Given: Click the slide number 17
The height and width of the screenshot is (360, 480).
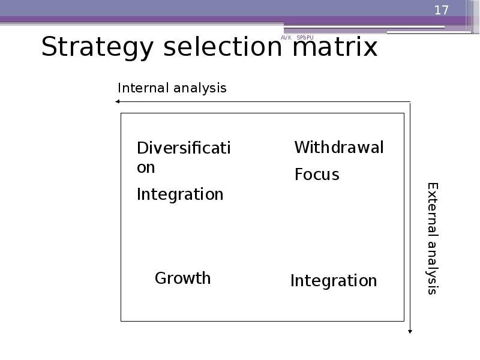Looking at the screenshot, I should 441,10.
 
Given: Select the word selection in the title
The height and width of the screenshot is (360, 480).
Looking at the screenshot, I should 218,47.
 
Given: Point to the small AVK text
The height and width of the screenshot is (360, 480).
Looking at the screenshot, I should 286,38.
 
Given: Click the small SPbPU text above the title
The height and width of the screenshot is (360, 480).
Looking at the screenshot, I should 305,38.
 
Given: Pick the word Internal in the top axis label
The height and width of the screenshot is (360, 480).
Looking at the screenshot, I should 143,88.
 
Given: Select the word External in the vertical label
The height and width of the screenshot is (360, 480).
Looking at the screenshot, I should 433,210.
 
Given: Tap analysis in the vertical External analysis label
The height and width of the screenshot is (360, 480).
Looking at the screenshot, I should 433,268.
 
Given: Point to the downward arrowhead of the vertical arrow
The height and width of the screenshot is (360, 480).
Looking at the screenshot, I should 410,330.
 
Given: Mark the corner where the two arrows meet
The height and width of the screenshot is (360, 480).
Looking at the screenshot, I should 410,102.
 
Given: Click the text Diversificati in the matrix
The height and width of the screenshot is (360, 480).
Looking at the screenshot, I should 184,148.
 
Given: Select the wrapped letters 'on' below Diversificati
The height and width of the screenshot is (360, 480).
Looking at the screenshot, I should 146,167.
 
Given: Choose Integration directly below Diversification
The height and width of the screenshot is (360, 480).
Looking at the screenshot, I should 180,194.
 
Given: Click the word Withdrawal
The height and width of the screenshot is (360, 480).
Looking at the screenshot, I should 339,148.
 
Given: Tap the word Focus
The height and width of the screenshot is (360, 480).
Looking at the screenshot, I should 317,175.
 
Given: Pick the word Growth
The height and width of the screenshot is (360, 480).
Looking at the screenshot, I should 183,278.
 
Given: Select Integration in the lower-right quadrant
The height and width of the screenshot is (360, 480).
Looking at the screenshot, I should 334,281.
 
